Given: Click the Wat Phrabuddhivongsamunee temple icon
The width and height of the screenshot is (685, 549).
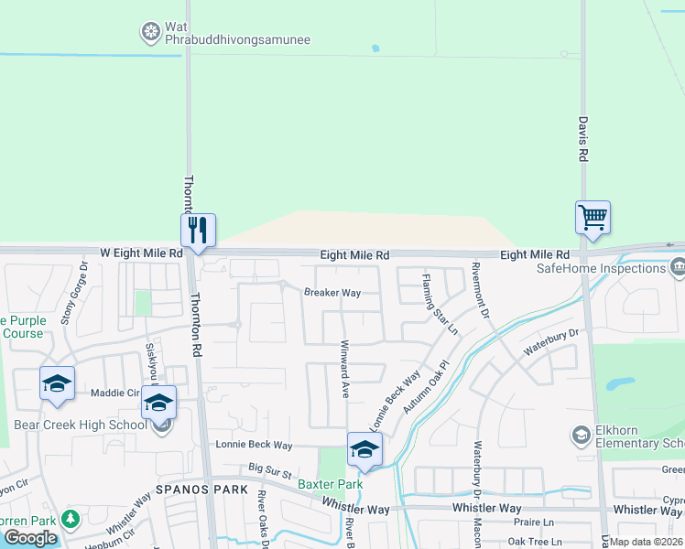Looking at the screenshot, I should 150,33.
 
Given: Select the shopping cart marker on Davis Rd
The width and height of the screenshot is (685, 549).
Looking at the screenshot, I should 593,218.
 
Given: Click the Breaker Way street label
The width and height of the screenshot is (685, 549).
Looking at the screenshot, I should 332,293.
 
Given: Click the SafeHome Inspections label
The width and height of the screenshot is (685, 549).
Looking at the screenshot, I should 601,268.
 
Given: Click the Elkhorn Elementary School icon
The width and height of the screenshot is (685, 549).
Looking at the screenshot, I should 580,434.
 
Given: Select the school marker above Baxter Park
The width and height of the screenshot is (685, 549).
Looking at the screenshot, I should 364,448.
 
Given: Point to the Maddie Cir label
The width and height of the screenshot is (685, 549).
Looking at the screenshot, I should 114,393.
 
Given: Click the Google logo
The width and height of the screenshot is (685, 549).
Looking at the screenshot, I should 30,537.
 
